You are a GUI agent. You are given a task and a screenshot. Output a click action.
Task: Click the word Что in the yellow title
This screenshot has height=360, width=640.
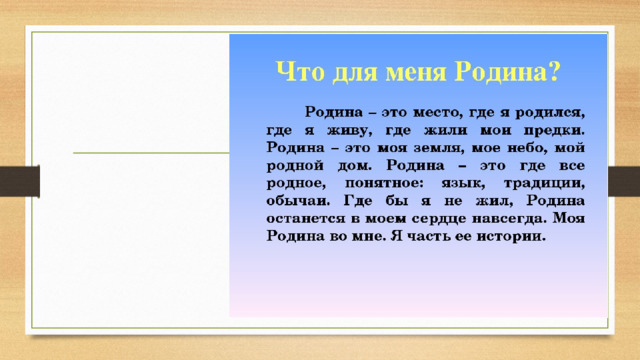pos(300,72)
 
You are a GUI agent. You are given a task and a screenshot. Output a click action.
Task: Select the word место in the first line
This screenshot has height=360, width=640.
pos(438,113)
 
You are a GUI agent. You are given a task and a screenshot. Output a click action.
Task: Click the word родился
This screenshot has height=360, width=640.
pos(550,113)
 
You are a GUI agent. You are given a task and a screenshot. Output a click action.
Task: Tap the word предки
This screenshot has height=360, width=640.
pos(554,131)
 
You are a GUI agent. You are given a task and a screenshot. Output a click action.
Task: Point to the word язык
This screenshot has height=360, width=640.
pos(463,184)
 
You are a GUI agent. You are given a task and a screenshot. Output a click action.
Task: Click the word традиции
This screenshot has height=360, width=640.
pos(544,184)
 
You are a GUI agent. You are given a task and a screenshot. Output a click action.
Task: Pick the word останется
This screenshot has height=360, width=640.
pos(306,219)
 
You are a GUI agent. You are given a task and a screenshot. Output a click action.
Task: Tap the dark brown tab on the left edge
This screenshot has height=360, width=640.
pos(20,181)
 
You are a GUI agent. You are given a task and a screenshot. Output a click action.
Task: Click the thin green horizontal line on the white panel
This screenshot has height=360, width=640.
pos(151,153)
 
